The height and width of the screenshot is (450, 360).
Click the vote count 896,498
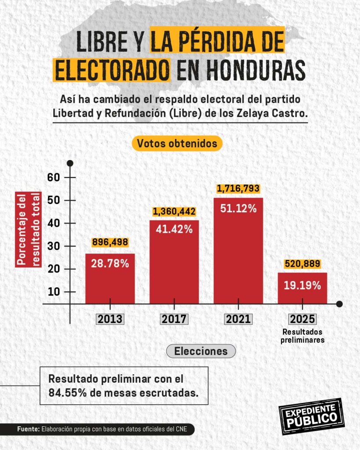110,242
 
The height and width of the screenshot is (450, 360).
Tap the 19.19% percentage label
302,285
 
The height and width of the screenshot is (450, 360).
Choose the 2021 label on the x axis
238,319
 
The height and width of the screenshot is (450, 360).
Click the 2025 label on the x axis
302,319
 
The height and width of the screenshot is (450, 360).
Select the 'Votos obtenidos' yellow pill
177,143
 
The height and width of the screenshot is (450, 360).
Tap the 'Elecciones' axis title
201,351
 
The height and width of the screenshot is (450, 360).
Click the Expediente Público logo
311,416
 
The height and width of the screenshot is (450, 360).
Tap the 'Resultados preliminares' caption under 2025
302,335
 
